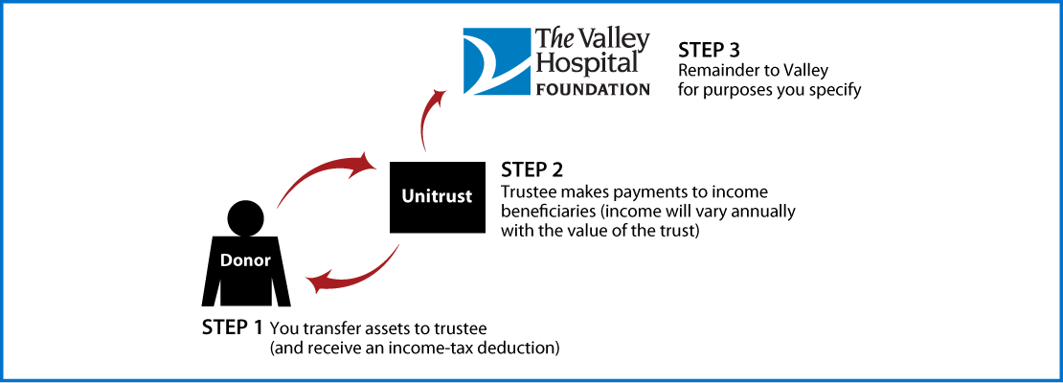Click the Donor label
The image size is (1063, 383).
(x=246, y=259)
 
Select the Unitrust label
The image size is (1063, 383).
(x=436, y=197)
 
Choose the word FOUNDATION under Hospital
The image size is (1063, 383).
(x=592, y=89)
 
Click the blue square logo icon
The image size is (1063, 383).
(x=496, y=61)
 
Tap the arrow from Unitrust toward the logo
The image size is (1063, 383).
(x=428, y=120)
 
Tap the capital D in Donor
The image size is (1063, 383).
(x=227, y=259)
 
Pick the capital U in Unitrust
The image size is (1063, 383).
(x=407, y=197)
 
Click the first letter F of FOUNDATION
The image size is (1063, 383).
(x=538, y=89)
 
